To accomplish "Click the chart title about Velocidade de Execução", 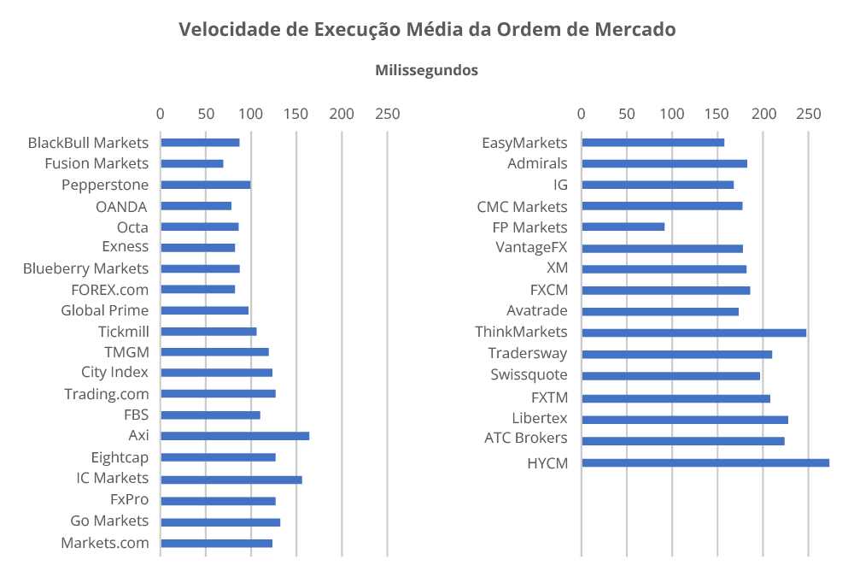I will [x=427, y=30].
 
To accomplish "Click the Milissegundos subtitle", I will [x=426, y=71].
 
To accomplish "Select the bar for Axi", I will [x=235, y=436].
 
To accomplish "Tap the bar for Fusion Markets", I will [x=192, y=163].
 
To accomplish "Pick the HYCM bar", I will [x=705, y=462].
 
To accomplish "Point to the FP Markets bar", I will [x=623, y=227].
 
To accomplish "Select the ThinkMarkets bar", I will [x=693, y=333].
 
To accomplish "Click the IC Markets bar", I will [x=231, y=480].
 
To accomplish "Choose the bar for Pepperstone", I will [x=205, y=185].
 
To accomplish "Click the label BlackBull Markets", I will [x=88, y=143].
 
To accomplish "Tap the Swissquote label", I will [x=529, y=374].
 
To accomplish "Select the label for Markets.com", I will [x=104, y=543].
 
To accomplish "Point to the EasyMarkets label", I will [x=524, y=143].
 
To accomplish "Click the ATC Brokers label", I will [x=525, y=438].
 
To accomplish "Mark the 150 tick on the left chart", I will [x=296, y=113].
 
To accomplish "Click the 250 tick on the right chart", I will [x=808, y=113].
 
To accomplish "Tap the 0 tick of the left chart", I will [x=161, y=113].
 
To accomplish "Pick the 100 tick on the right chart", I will [x=672, y=113].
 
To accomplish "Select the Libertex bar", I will [x=684, y=420].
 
